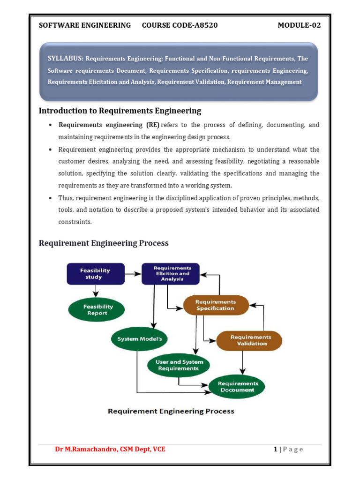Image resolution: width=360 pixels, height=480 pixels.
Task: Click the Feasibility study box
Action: pyautogui.click(x=96, y=274)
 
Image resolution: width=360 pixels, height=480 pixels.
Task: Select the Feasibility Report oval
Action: pyautogui.click(x=97, y=310)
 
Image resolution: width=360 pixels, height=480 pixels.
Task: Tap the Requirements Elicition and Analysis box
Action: pyautogui.click(x=171, y=274)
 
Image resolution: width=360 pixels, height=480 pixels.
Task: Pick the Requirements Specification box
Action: pyautogui.click(x=215, y=305)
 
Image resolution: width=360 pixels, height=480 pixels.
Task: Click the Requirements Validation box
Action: pyautogui.click(x=249, y=340)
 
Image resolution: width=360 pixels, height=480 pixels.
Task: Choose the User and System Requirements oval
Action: pyautogui.click(x=179, y=365)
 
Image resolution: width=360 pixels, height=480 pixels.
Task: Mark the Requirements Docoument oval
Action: pyautogui.click(x=237, y=387)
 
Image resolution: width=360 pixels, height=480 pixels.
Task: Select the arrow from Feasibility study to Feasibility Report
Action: pyautogui.click(x=96, y=291)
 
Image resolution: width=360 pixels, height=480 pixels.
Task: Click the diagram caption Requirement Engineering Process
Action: pyautogui.click(x=171, y=412)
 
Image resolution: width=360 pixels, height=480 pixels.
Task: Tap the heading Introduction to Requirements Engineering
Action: pyautogui.click(x=120, y=111)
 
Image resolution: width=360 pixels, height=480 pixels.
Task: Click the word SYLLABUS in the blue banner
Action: pyautogui.click(x=66, y=59)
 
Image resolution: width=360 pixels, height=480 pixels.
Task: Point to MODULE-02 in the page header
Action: pyautogui.click(x=299, y=25)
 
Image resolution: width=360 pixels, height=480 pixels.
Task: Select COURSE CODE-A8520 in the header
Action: pyautogui.click(x=180, y=25)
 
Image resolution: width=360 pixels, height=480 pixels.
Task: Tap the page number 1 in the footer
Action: pyautogui.click(x=276, y=449)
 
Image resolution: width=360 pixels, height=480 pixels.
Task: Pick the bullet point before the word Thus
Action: pyautogui.click(x=50, y=198)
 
